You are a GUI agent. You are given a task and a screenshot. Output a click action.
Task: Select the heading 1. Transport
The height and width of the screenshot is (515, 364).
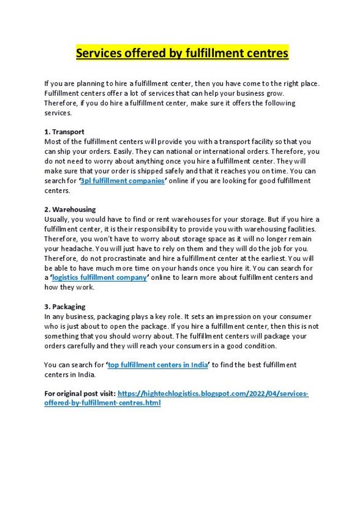pos(64,132)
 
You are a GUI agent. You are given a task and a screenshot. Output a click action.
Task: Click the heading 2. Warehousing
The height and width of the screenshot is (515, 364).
pos(70,209)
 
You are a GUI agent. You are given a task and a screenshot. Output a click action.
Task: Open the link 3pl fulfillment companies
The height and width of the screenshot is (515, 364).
pos(122,181)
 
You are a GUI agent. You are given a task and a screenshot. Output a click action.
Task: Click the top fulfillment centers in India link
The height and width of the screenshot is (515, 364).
pos(157,365)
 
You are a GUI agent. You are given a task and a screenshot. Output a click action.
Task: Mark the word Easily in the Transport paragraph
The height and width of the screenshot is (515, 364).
pos(121,152)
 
